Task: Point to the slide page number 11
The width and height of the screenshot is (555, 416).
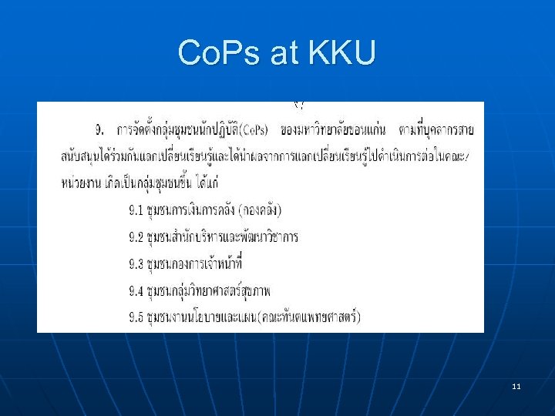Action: (x=516, y=385)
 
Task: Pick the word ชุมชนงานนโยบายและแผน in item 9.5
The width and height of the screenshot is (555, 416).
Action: (x=202, y=316)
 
